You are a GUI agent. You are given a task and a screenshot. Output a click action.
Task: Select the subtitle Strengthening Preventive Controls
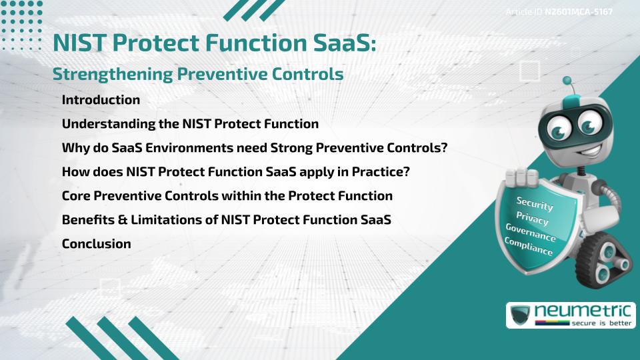[x=198, y=74]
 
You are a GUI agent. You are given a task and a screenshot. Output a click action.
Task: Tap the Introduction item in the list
[x=101, y=100]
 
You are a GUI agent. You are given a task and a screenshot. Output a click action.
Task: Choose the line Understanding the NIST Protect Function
[x=190, y=124]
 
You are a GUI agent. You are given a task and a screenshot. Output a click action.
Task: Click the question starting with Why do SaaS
[x=254, y=148]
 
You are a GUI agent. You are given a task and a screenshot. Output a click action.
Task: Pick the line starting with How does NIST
[x=235, y=172]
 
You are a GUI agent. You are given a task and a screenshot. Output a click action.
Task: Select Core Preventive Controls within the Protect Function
[x=227, y=196]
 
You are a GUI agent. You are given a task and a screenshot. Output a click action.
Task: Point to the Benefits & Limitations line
[x=226, y=220]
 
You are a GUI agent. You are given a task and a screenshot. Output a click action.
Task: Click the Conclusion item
[x=96, y=244]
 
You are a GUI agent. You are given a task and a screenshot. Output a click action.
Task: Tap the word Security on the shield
[x=535, y=204]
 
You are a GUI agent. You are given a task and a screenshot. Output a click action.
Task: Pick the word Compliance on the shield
[x=529, y=247]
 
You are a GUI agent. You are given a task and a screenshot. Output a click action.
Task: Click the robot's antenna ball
[x=568, y=81]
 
